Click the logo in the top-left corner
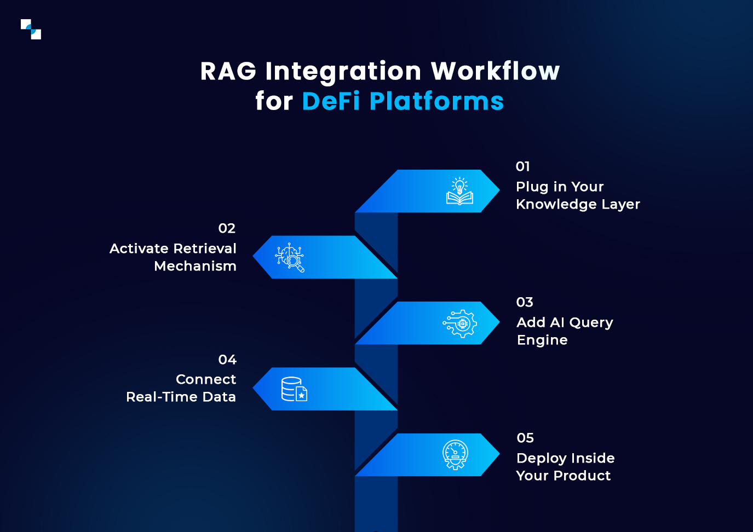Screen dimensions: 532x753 click(x=31, y=29)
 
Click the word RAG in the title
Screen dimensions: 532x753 click(x=228, y=72)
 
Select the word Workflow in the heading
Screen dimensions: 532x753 click(x=495, y=72)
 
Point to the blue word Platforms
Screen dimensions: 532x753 click(x=436, y=102)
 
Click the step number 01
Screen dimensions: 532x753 click(x=522, y=166)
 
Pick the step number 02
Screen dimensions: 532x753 click(x=227, y=228)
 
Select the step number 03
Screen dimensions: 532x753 click(x=524, y=302)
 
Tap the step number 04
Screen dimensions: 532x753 click(x=227, y=360)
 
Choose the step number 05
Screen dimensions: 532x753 click(x=525, y=438)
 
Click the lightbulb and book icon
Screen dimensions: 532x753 click(x=459, y=191)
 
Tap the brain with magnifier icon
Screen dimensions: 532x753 click(x=290, y=257)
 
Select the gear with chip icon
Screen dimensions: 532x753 click(x=460, y=323)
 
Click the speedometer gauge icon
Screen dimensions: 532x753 click(x=455, y=455)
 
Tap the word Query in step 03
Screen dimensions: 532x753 click(x=591, y=323)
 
